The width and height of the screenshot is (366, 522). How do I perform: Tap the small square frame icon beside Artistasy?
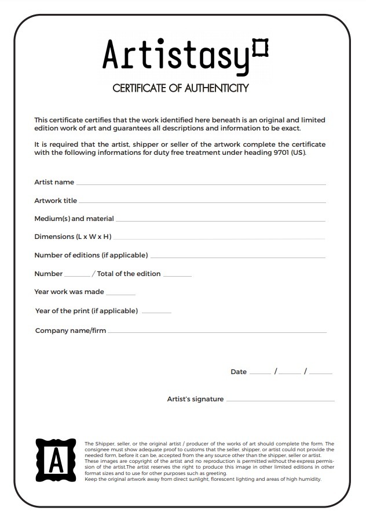[261, 46]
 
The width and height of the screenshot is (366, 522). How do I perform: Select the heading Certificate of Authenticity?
[180, 88]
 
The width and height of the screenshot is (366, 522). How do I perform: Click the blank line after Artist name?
[200, 184]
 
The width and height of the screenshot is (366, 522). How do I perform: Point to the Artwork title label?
[56, 201]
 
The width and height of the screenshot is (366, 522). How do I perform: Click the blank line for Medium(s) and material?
[220, 220]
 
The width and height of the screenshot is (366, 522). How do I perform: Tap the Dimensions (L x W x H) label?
[73, 237]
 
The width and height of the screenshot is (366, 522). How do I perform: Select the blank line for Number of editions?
[237, 257]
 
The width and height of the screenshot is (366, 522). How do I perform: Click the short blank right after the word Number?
[77, 275]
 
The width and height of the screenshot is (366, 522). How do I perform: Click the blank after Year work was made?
[120, 294]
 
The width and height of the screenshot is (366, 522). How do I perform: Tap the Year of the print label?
[86, 311]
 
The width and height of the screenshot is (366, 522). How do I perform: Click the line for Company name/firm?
[217, 332]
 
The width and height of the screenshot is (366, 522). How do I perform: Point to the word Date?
[239, 372]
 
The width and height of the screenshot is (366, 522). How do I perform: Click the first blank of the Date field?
[260, 374]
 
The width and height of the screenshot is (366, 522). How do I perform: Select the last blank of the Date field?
[321, 374]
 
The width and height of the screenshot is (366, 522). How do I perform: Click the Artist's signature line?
[280, 400]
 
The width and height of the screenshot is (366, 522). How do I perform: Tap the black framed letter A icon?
[56, 460]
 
